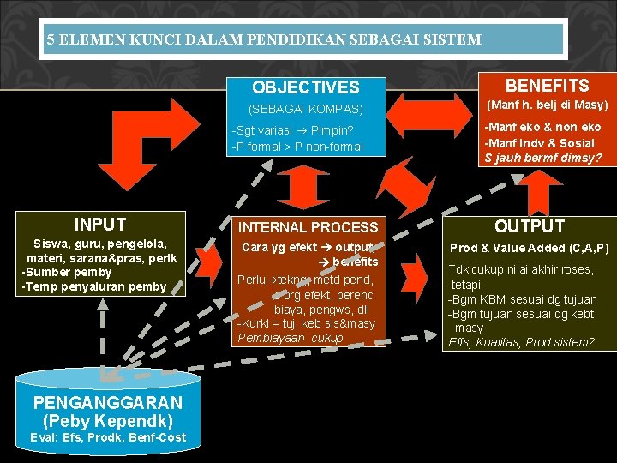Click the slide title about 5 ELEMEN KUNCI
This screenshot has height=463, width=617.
click(264, 39)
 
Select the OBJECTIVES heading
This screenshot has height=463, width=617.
click(305, 87)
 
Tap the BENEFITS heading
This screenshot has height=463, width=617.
click(547, 86)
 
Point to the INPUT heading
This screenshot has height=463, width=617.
click(100, 225)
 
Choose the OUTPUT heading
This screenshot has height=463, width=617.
click(530, 226)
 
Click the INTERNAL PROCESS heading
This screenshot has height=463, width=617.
click(308, 227)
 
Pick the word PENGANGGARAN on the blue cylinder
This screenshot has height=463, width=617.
click(108, 403)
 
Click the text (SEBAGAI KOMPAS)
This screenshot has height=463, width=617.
click(305, 110)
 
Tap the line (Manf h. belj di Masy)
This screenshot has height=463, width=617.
click(547, 105)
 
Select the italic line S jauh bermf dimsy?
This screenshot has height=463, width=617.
click(543, 158)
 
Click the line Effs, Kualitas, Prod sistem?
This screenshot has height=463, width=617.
click(520, 342)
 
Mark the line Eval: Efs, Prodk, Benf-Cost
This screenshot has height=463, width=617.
click(107, 437)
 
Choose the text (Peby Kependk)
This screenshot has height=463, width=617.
click(107, 421)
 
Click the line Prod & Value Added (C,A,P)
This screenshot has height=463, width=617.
click(529, 248)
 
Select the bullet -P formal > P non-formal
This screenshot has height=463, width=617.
click(297, 147)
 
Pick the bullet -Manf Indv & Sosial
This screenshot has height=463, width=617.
click(539, 142)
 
